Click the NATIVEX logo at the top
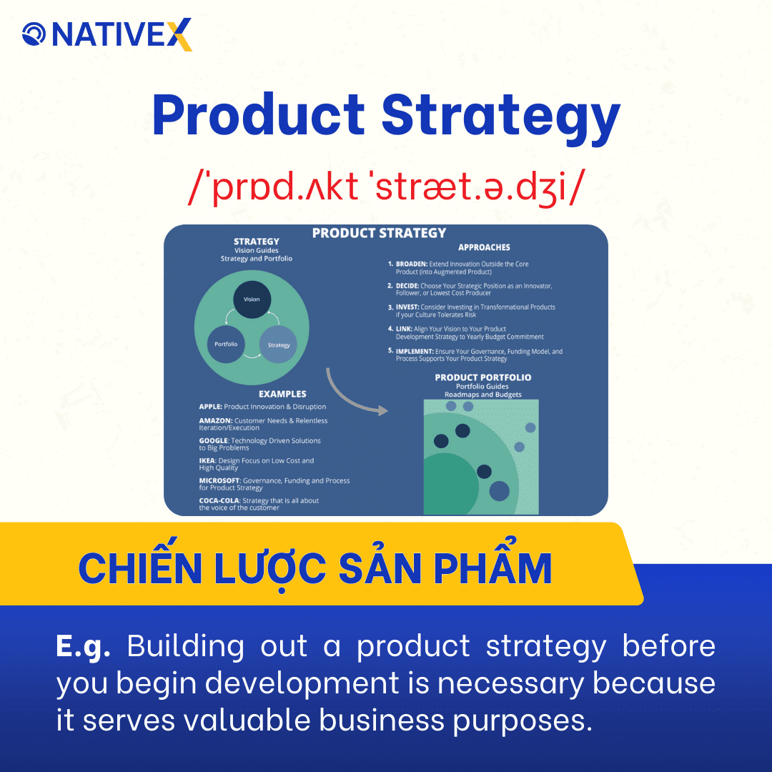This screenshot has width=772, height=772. (107, 34)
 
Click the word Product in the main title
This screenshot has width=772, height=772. (258, 117)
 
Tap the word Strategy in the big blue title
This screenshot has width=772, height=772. (500, 118)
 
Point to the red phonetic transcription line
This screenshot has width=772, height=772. (385, 189)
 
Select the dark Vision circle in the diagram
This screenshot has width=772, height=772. (252, 300)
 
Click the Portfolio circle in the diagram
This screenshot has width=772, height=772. (226, 344)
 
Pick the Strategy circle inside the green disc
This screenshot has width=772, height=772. (278, 345)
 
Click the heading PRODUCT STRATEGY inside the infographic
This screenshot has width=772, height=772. (379, 233)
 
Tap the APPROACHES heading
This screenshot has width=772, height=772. (484, 247)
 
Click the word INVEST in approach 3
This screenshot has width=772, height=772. (407, 307)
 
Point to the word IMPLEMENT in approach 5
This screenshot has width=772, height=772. (415, 352)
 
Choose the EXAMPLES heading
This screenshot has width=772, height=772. (282, 394)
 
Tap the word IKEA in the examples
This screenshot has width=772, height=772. (207, 461)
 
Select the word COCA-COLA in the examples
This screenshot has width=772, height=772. (219, 501)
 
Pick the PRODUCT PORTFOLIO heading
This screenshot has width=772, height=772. (483, 377)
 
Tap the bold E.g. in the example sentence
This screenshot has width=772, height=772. (83, 645)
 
